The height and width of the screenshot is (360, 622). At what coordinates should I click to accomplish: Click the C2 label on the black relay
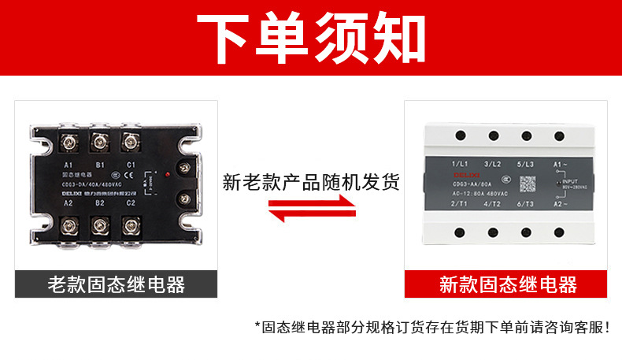[131, 202]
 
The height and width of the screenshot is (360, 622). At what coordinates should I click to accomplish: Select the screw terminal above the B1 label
[100, 143]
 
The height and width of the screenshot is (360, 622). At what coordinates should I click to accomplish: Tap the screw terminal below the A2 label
[68, 228]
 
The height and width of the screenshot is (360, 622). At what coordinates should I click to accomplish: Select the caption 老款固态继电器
[116, 284]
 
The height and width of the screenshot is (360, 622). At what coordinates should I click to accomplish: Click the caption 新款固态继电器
[508, 284]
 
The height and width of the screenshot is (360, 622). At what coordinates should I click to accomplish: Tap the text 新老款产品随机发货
[311, 183]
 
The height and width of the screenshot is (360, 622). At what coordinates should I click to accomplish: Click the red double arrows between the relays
[311, 210]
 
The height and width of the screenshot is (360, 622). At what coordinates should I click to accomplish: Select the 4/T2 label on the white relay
[492, 204]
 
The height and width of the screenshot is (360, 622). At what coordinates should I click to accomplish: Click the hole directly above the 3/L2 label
[493, 137]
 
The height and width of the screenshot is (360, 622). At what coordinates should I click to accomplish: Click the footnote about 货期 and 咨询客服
[432, 326]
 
